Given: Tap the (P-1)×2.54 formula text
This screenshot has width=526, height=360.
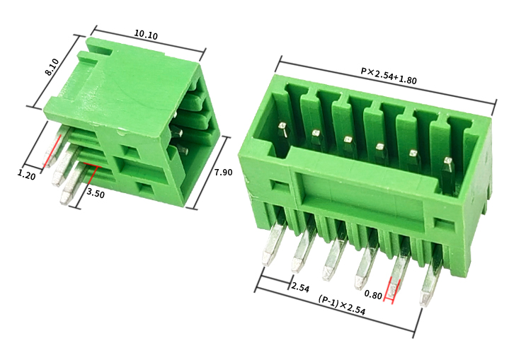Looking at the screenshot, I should [341, 306].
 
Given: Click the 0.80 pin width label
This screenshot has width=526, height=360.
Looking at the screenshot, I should [373, 293].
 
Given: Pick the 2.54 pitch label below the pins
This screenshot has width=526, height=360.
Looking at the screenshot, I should [300, 287].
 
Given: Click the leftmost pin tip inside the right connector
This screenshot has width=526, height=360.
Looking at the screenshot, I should [282, 128].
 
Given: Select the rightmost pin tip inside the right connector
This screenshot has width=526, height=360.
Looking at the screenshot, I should [447, 163].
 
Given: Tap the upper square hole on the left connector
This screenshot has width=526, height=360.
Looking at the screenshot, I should [130, 150].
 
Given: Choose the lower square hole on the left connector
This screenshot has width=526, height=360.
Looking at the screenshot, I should [144, 187].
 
